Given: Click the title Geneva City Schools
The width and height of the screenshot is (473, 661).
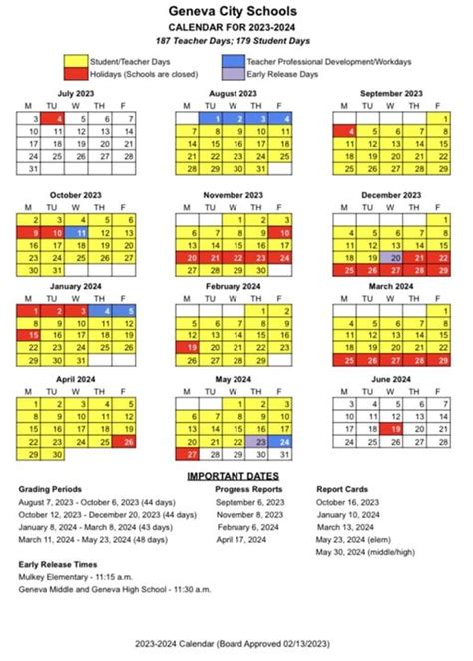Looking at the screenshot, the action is pos(236,9).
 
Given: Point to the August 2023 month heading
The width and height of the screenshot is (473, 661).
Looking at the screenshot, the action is pos(236,93).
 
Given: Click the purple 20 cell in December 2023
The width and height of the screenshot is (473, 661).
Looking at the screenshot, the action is pos(396,257).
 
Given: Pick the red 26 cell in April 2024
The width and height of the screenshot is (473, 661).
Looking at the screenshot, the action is pos(130,440).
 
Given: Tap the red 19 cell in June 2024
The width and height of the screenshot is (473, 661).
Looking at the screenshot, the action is pos(396,427).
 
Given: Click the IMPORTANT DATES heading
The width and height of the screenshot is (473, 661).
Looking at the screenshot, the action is pos(236,476).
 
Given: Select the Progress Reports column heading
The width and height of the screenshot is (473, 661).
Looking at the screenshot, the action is pos(248,490).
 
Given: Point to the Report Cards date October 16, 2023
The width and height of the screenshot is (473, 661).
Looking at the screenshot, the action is pos(347,502).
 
